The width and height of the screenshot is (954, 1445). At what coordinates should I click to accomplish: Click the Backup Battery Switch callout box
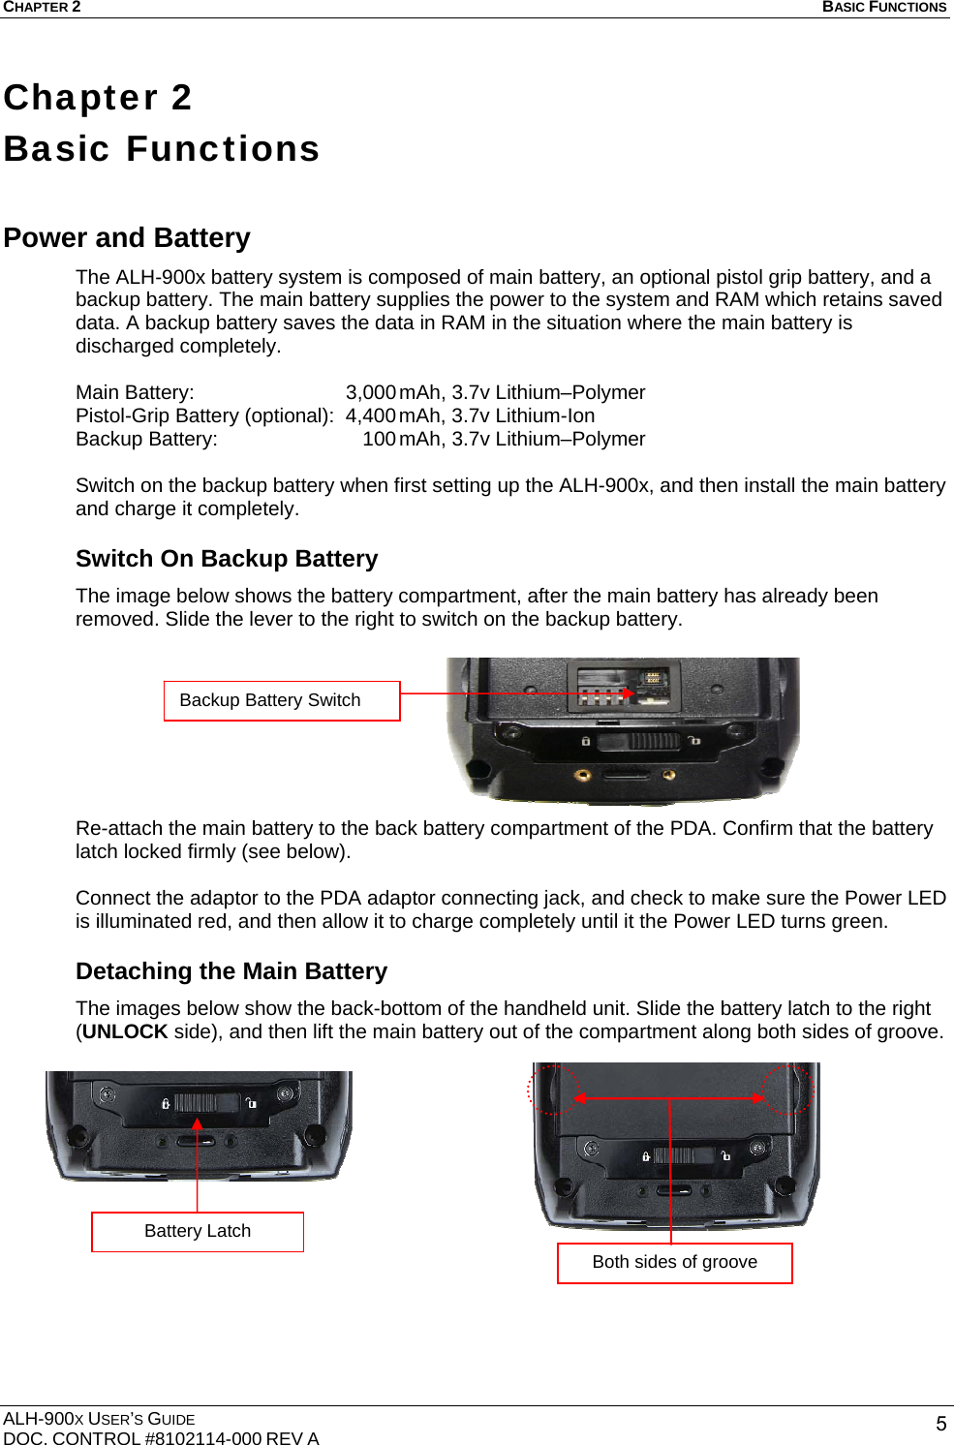[282, 700]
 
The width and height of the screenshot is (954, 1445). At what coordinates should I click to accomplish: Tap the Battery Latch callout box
[198, 1231]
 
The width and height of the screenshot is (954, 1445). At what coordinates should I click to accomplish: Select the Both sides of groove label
[674, 1262]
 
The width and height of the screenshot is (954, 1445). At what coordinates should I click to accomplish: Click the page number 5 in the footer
[940, 1423]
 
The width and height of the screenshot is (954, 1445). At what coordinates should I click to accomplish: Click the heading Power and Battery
[127, 237]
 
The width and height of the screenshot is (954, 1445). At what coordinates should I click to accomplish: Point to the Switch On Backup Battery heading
[227, 559]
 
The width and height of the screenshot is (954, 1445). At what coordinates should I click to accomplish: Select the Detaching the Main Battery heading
[231, 971]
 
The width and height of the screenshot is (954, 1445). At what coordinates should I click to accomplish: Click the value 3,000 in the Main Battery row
[370, 392]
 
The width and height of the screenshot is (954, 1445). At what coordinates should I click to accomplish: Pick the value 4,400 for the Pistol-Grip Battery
[370, 415]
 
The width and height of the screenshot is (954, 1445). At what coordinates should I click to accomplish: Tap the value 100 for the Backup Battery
[379, 439]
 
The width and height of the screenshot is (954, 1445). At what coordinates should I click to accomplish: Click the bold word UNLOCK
[125, 1031]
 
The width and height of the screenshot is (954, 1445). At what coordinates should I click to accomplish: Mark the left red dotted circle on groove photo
[553, 1090]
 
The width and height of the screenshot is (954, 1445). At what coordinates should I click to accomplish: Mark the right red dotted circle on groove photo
[787, 1090]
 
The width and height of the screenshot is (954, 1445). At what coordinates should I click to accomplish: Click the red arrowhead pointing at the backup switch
[630, 693]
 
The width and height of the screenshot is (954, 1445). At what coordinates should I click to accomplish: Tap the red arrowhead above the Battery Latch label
[198, 1124]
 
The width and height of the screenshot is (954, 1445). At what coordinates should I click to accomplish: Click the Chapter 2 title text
[98, 97]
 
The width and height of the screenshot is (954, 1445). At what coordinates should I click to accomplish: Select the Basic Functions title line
[162, 148]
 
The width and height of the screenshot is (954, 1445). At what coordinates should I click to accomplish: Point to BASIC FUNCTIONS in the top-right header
[883, 7]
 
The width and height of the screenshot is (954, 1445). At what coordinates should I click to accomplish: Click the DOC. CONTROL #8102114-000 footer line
[161, 1438]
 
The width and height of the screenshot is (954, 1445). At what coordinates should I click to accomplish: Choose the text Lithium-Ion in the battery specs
[545, 415]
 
